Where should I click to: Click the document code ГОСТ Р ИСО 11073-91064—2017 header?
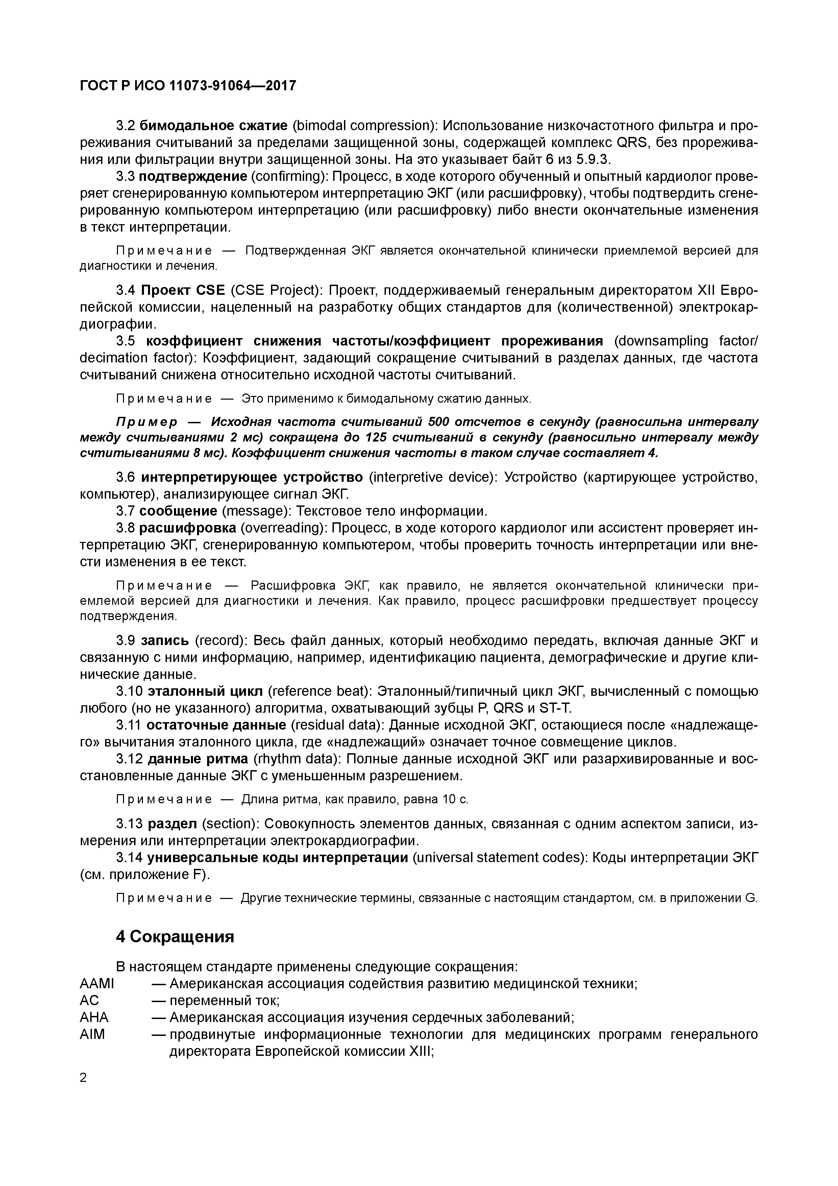[188, 86]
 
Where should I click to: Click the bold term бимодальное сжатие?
[213, 125]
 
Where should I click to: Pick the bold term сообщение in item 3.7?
[178, 511]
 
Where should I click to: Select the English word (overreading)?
[283, 528]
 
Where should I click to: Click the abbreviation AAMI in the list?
[97, 983]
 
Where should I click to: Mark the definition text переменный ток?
[225, 1000]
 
